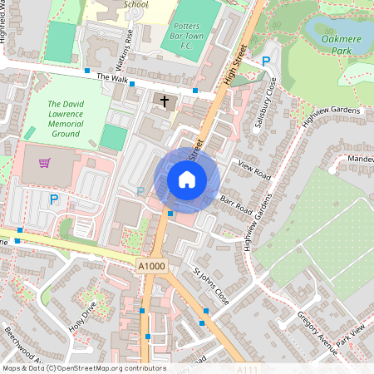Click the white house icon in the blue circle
(x=187, y=179)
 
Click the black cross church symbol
(x=164, y=102)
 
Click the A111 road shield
(x=248, y=369)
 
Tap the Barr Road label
(x=236, y=204)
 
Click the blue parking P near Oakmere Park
(x=266, y=61)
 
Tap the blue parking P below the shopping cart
(x=54, y=199)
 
